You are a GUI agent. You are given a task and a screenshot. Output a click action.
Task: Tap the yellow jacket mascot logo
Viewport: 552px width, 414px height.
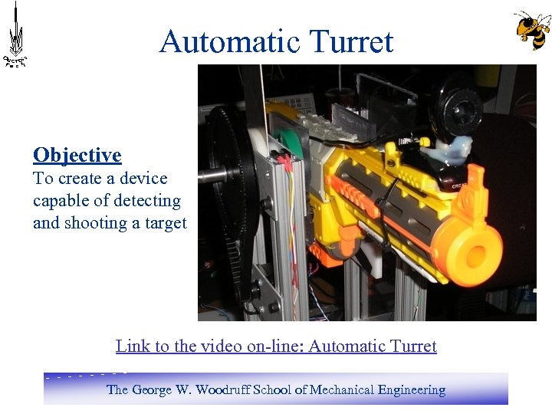pos(532,30)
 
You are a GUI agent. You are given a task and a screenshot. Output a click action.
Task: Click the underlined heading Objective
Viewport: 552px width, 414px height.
pos(77,156)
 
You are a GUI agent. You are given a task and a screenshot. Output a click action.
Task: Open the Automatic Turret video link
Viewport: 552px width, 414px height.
pos(276,347)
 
